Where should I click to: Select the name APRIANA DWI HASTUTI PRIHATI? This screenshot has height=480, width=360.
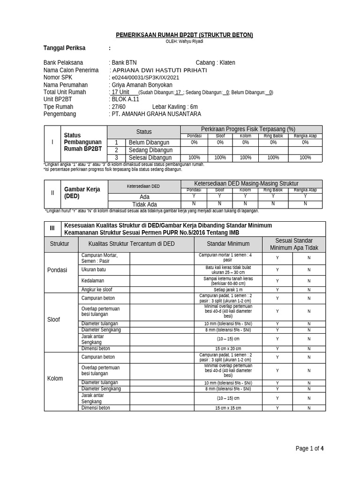pos(157,70)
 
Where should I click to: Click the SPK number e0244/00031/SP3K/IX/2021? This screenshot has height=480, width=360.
pos(144,77)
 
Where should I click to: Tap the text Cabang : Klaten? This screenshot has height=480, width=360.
pos(215,62)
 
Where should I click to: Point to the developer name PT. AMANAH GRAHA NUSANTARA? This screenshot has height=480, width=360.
pos(156,114)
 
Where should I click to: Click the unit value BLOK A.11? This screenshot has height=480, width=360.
pos(125,99)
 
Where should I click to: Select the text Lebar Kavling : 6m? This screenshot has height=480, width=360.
pos(175,107)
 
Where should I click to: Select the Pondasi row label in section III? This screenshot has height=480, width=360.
pos(57,270)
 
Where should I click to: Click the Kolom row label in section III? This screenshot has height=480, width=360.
pos(55,378)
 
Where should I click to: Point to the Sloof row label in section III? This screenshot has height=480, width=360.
pos(54,320)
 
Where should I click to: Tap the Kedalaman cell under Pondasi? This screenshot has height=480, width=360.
pos(92,280)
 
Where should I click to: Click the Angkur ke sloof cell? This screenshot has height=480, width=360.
pos(97,290)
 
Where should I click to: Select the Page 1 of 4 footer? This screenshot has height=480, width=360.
pos(309,449)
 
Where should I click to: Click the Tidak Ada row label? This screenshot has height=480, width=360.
pos(145,204)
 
